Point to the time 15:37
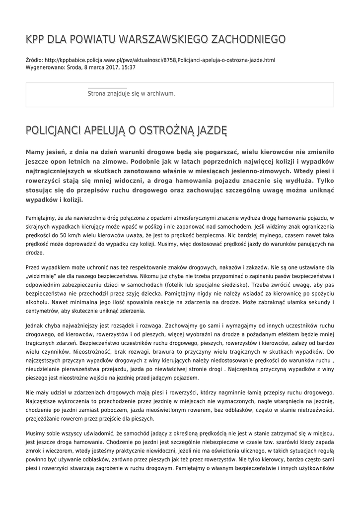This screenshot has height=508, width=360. coord(128,67)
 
